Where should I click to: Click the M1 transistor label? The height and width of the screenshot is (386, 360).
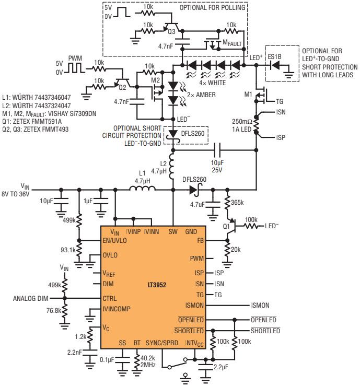click(248, 94)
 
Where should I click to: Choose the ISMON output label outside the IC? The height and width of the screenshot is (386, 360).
click(261, 306)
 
